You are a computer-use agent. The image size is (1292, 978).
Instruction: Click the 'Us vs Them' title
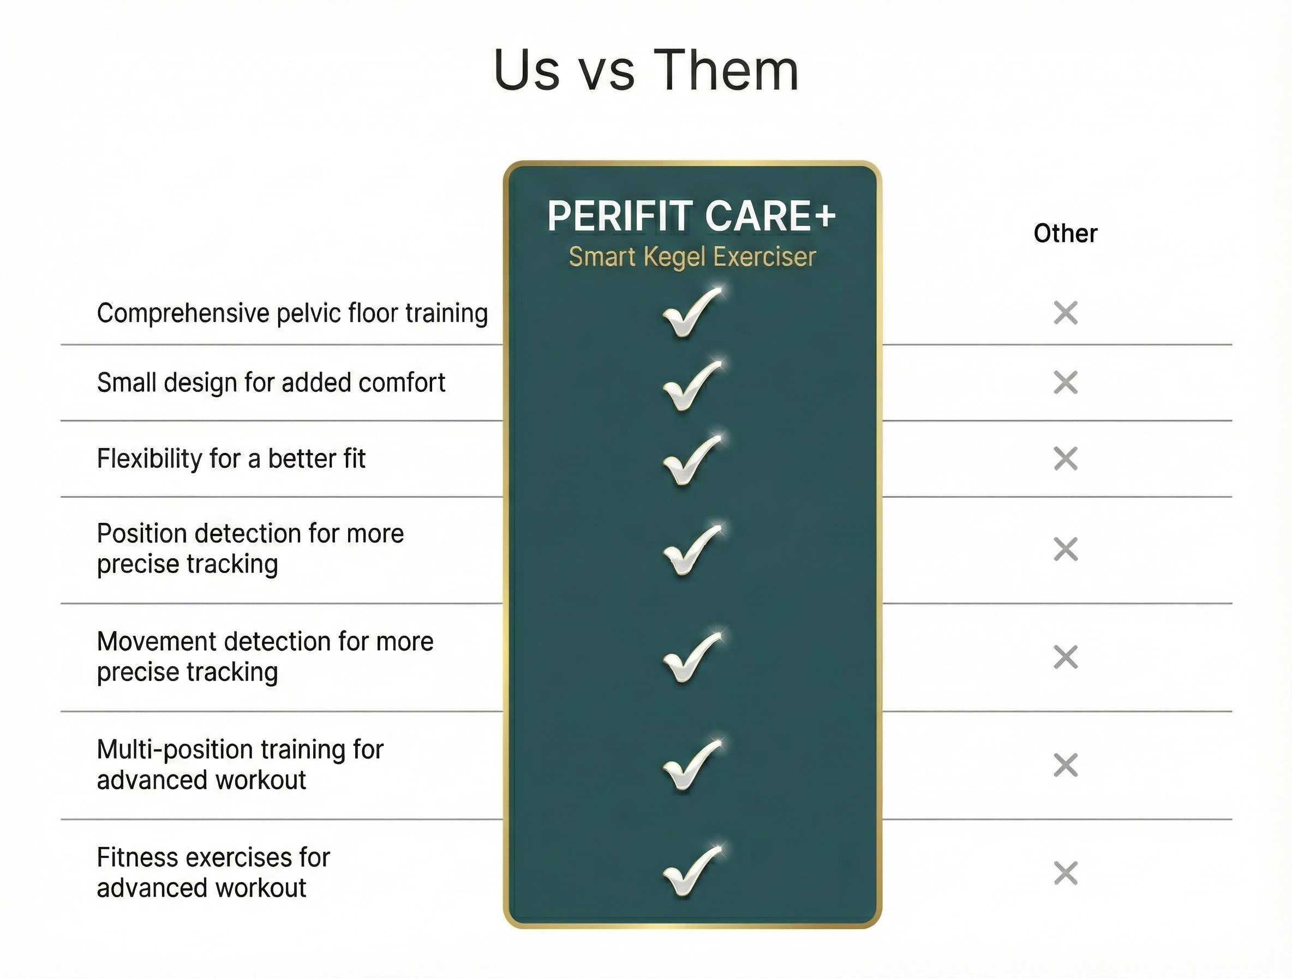coord(646,69)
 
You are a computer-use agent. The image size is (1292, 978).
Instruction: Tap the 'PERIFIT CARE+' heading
coord(692,216)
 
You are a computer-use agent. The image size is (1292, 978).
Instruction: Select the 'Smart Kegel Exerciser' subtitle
coord(692,257)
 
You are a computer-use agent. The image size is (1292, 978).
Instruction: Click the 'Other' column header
coord(1066,233)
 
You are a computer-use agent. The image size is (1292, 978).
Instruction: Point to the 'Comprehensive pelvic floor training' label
coord(292,313)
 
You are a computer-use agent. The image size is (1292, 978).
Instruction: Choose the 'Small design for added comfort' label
coord(271,383)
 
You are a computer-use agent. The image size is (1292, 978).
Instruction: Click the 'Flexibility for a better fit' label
coord(231,458)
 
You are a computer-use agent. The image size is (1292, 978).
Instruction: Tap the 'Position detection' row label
coord(250,548)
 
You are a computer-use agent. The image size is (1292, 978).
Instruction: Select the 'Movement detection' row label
coord(265,657)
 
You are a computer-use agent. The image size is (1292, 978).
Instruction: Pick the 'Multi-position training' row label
coord(240,765)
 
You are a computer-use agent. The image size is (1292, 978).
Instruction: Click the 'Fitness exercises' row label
coord(214,873)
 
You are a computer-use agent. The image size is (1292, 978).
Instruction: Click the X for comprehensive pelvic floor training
coord(1066,313)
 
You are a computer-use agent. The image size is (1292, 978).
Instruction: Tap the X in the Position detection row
coord(1066,549)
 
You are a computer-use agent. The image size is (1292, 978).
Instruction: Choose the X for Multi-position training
coord(1066,765)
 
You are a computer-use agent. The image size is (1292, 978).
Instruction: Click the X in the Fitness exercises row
coord(1066,873)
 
